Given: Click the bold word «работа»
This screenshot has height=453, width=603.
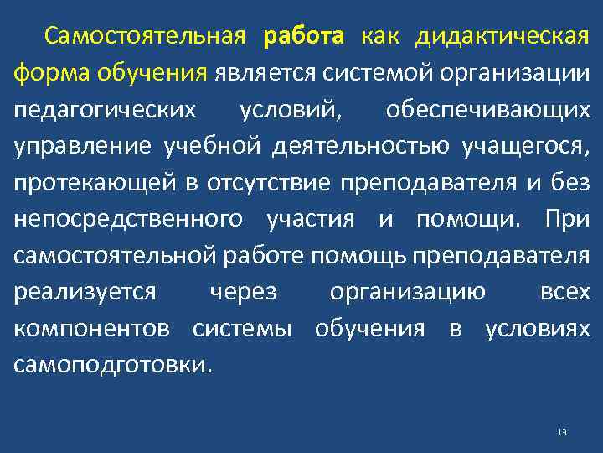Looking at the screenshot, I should click(303, 37).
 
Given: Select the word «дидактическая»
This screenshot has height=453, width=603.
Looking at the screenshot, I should click(502, 37).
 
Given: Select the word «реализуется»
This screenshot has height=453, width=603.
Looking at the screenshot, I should click(85, 292).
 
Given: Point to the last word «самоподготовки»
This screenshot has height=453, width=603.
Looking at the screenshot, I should click(111, 366).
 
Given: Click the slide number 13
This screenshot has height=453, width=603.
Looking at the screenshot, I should click(561, 432).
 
